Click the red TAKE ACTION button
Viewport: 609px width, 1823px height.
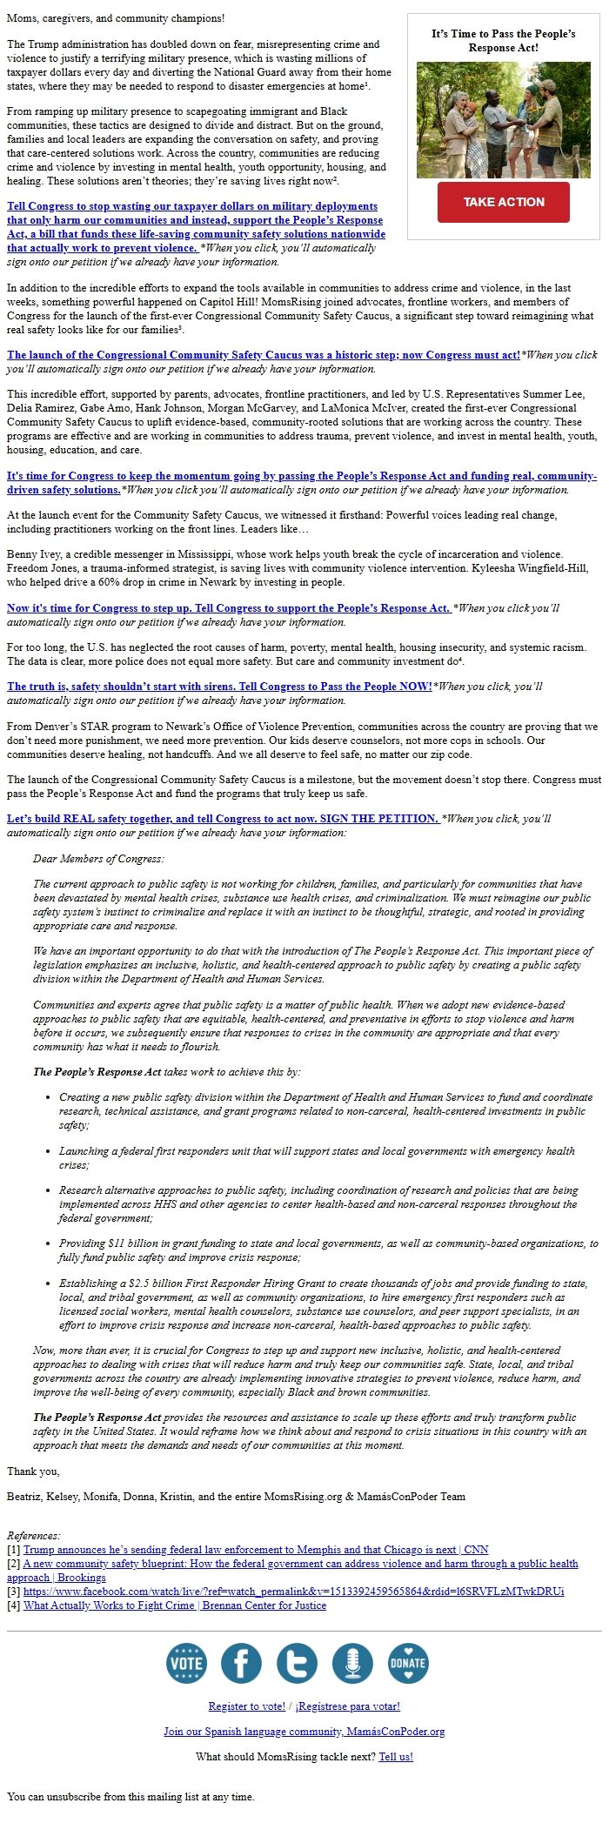click(503, 202)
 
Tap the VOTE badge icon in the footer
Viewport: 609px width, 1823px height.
click(186, 1663)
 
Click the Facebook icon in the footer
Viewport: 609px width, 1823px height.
click(241, 1663)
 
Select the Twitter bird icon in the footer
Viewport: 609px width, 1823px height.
click(297, 1663)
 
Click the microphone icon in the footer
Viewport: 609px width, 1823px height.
click(352, 1663)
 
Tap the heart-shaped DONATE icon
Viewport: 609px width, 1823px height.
click(407, 1663)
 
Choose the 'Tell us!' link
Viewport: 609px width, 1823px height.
click(396, 1756)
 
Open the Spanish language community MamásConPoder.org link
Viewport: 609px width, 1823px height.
click(304, 1731)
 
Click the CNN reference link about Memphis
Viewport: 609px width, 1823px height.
click(256, 1549)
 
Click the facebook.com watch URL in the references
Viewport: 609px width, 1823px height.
click(293, 1591)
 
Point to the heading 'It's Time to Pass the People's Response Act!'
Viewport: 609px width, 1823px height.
click(503, 40)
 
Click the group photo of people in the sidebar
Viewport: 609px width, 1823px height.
click(503, 119)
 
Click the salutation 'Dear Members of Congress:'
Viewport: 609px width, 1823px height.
click(98, 858)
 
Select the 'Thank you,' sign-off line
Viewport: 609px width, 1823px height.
click(33, 1471)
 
